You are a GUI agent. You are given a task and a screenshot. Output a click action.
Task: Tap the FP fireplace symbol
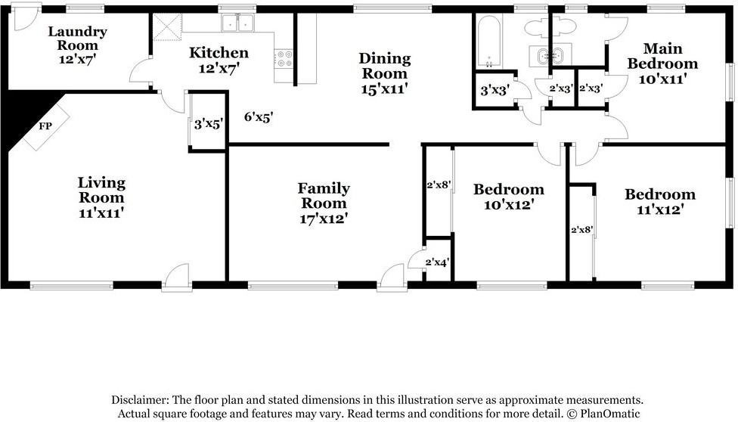[x=45, y=126]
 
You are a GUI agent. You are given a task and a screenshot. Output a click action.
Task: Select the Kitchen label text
[x=219, y=53]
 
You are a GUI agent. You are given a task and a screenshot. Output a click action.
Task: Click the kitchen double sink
[x=238, y=23]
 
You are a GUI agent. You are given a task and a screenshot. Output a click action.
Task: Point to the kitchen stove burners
[x=284, y=58]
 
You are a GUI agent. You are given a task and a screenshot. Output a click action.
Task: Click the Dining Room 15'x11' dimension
[x=385, y=88]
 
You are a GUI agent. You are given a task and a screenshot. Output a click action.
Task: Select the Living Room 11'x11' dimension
[x=101, y=213]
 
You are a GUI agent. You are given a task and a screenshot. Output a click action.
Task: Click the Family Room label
[x=324, y=195]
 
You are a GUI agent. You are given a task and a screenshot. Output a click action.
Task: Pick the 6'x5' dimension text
[x=259, y=117]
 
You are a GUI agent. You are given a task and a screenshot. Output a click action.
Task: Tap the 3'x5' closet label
[x=208, y=123]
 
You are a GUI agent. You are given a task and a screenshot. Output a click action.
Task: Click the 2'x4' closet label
[x=437, y=262]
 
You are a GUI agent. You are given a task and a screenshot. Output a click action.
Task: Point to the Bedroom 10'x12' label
[x=508, y=197]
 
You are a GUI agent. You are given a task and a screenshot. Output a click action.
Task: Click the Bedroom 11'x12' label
[x=659, y=202]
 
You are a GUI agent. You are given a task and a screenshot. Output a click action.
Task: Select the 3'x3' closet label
[x=495, y=90]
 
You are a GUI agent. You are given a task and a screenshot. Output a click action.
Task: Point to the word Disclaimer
[x=140, y=399]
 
